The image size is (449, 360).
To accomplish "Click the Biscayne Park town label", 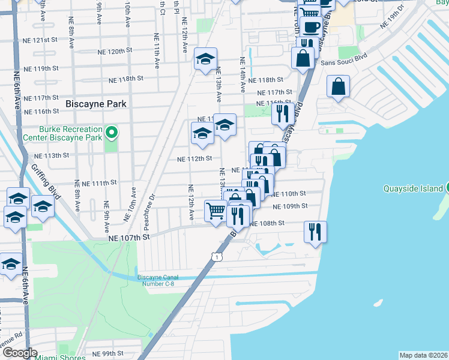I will pos(96,104).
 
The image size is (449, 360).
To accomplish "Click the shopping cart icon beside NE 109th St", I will pos(215,211).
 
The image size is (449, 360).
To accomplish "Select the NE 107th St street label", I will pos(128,238).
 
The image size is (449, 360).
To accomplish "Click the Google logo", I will pos(20,353).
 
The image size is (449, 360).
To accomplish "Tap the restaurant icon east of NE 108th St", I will pos(315,230).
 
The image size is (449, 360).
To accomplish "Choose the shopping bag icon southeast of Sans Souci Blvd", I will pos(339,86).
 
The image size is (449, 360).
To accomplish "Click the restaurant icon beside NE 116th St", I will pos(282,113).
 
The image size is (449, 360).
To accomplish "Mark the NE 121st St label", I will pos(39,40).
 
